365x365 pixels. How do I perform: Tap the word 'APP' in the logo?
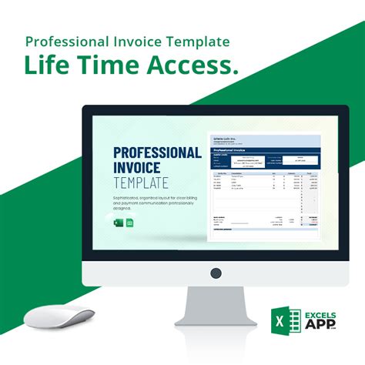pos(316,324)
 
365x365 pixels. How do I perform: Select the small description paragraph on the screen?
pos(151,202)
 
